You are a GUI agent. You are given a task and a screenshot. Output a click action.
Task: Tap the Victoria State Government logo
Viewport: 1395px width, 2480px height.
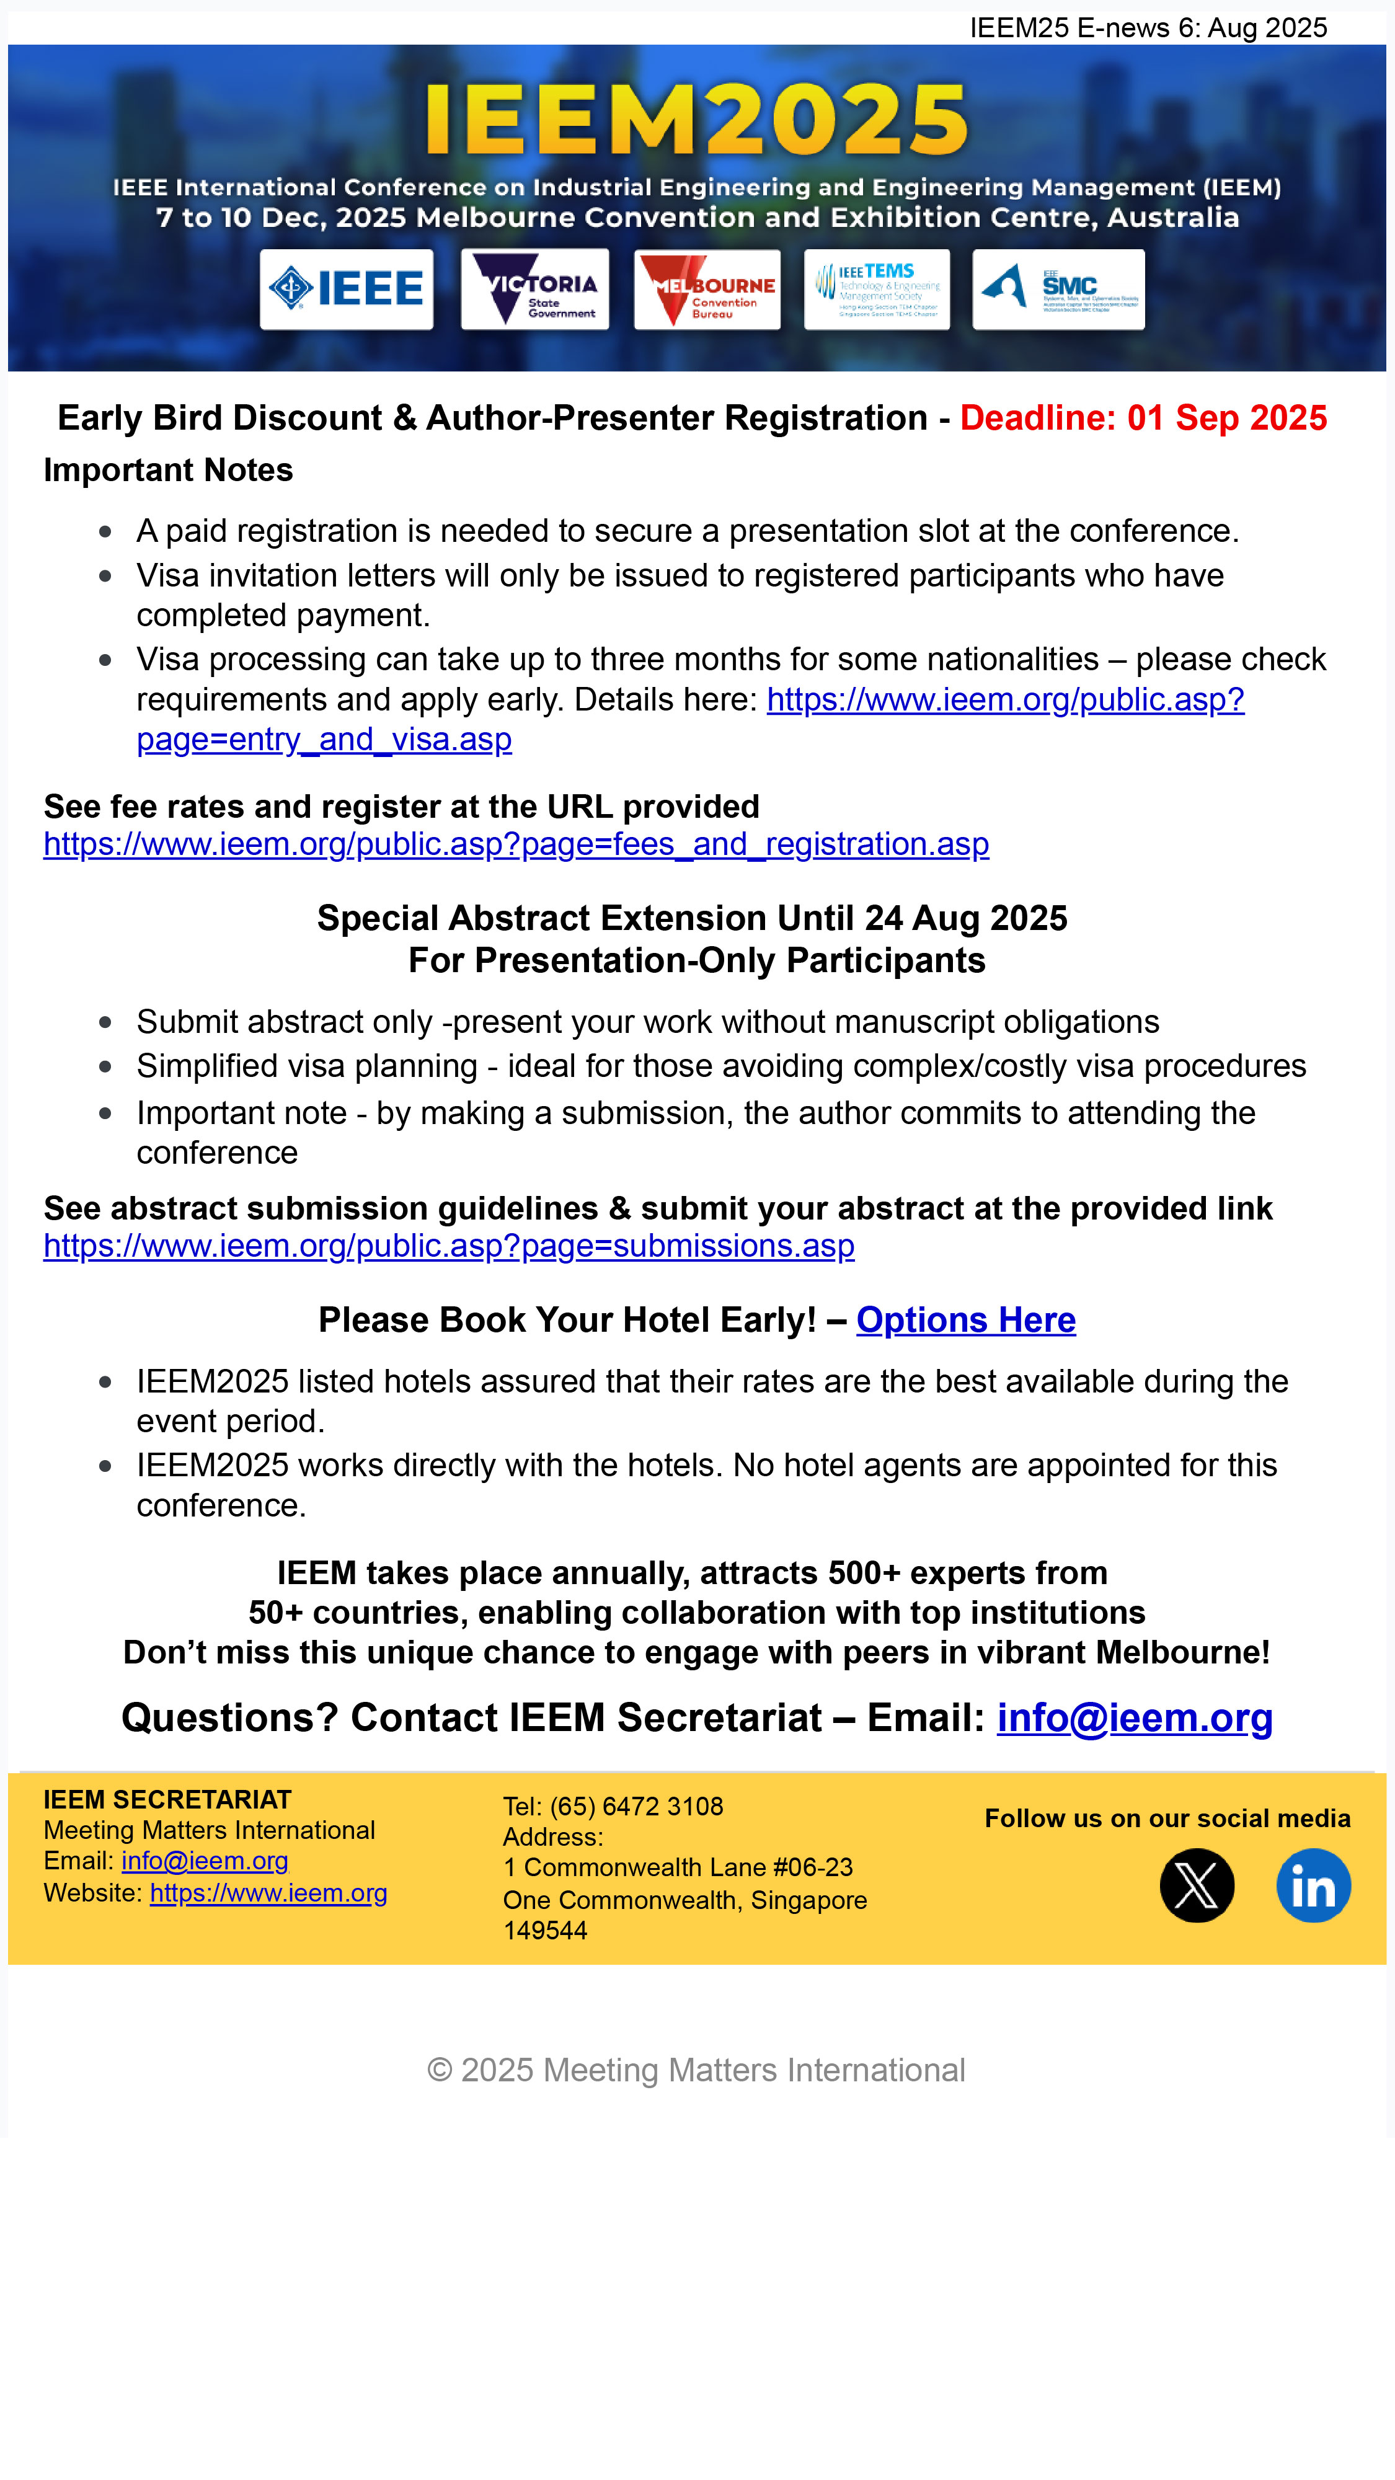point(534,289)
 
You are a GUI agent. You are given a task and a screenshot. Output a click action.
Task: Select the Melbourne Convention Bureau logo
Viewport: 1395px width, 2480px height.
point(707,289)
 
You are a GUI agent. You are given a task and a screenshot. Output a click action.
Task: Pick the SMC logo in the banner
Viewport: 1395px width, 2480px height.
point(1058,289)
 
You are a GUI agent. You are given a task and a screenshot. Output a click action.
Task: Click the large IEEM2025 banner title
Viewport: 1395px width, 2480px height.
point(696,120)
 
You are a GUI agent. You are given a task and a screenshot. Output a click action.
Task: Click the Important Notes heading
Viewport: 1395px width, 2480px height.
point(169,470)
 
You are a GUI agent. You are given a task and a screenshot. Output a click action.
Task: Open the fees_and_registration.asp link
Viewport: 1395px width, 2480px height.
point(516,844)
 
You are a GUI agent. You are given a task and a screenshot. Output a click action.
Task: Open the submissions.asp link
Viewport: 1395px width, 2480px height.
point(449,1246)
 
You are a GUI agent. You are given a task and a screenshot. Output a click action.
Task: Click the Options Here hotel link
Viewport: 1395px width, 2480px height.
point(965,1320)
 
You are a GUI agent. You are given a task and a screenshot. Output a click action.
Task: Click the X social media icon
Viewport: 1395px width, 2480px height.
point(1197,1885)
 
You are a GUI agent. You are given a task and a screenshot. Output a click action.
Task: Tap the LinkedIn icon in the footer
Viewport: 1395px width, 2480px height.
point(1313,1885)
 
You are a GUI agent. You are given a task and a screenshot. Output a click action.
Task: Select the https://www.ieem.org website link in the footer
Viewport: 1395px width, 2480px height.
point(268,1893)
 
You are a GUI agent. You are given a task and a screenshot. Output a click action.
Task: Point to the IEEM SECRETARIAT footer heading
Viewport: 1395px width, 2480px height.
point(167,1799)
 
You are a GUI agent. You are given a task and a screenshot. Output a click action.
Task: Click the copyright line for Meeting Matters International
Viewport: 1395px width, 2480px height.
point(696,2070)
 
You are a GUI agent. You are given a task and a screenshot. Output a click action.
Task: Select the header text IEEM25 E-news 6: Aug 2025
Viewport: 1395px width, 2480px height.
point(1148,28)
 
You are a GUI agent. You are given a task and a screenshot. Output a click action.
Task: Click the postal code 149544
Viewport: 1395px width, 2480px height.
point(545,1930)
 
